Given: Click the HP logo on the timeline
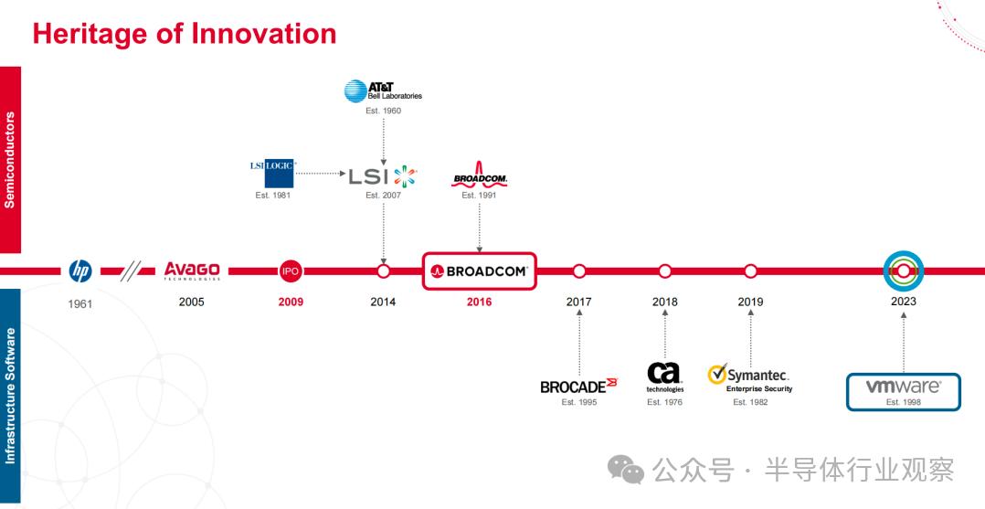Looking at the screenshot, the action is pos(80,270).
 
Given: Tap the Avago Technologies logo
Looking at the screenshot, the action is pos(192,270).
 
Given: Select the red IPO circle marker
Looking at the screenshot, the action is pos(291,270).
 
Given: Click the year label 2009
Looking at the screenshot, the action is pos(291,302).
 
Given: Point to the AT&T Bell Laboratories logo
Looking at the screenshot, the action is pos(383,91).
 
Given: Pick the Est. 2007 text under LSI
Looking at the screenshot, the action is pos(383,196).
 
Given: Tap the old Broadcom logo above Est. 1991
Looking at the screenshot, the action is pos(480,175).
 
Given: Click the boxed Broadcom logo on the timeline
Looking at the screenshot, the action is pos(480,270).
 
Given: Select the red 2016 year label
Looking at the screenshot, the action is pos(480,302).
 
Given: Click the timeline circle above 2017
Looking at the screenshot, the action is pos(579,270).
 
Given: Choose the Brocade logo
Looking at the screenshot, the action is pos(578,386).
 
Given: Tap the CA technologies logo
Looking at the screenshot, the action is pos(664,377).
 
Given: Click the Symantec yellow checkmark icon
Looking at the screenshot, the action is pos(717,374).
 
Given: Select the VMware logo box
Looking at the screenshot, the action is pos(904,392).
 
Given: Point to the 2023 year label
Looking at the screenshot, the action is pos(904,302).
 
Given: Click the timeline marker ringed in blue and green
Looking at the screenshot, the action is pos(904,270).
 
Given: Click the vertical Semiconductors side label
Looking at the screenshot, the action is pos(10,160).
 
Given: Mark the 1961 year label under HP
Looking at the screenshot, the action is pos(80,304).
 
